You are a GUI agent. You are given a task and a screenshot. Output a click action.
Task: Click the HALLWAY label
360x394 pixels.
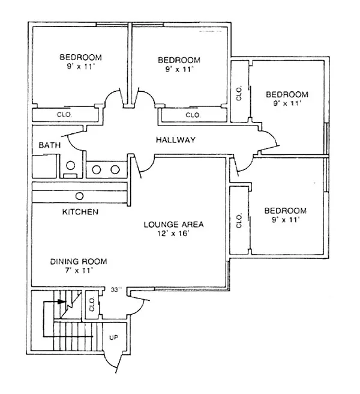tap(176, 140)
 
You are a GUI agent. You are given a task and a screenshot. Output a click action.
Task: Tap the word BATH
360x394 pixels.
tap(48, 145)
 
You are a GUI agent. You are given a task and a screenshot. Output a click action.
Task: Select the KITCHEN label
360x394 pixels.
tap(80, 212)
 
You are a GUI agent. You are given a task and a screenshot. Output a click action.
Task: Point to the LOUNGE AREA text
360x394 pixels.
tap(173, 225)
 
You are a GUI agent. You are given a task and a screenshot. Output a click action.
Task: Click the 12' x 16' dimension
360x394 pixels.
tap(173, 234)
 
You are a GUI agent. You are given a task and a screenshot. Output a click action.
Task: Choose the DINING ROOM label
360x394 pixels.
tap(79, 261)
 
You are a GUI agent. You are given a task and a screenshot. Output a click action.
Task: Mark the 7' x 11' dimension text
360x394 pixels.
tap(79, 270)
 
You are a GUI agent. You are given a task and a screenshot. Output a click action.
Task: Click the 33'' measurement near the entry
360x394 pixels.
tap(116, 289)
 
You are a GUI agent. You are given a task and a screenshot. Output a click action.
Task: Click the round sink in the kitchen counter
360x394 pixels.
tap(79, 196)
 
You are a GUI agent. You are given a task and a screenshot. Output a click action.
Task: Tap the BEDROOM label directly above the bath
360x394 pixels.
tap(80, 58)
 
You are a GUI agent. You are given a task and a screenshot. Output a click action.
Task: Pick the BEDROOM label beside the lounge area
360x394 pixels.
tap(286, 211)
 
